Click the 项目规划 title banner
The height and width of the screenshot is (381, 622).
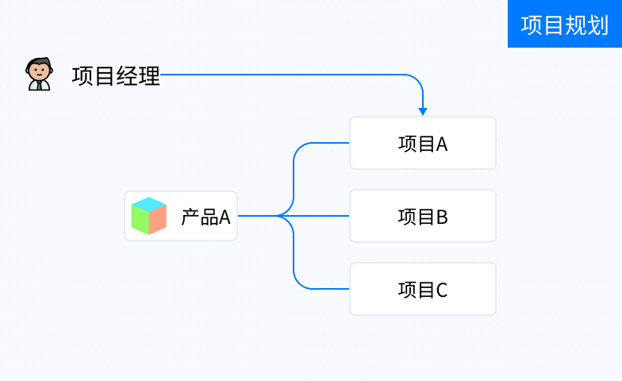(565, 24)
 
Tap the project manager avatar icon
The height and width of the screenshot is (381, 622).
(39, 75)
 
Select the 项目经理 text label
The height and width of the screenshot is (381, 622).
(116, 76)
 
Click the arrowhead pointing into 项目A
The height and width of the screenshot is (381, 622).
(423, 111)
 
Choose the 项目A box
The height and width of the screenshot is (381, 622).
(423, 143)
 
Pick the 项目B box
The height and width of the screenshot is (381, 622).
(423, 216)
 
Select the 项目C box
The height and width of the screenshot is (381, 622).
(423, 289)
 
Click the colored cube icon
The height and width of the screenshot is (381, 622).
(149, 216)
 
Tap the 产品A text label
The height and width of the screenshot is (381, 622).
(205, 217)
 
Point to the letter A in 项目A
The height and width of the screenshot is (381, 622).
(442, 144)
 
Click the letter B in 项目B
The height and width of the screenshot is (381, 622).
(442, 217)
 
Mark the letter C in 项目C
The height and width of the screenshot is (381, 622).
(442, 291)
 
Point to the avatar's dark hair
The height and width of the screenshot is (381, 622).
(40, 63)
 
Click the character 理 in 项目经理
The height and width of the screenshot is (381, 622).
(149, 76)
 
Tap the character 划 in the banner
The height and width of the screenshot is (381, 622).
(598, 25)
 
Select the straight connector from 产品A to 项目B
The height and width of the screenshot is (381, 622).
(294, 216)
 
